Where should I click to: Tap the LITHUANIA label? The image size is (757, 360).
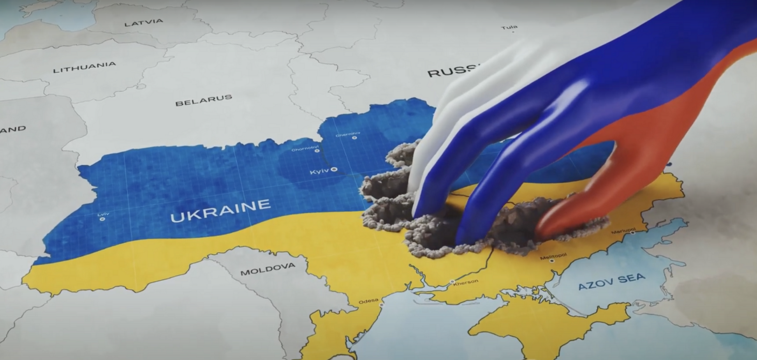point(85,67)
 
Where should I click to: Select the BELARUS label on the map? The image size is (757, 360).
point(204,100)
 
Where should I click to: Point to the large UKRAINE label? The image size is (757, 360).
point(220,211)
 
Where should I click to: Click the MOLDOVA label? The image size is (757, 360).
point(268,269)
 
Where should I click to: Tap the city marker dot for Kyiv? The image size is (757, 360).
point(334,169)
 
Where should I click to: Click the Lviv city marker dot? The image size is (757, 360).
point(102,219)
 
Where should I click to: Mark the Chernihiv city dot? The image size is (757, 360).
point(354,138)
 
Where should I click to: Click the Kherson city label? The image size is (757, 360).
point(465,282)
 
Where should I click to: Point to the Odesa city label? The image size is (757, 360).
point(368,301)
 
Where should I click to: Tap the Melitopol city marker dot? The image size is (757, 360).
point(552,261)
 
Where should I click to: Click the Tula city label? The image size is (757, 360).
point(509,27)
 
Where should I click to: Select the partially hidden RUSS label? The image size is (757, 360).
point(452,71)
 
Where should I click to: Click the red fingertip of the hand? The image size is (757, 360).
point(543,232)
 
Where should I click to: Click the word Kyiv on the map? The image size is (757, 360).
point(319,171)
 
